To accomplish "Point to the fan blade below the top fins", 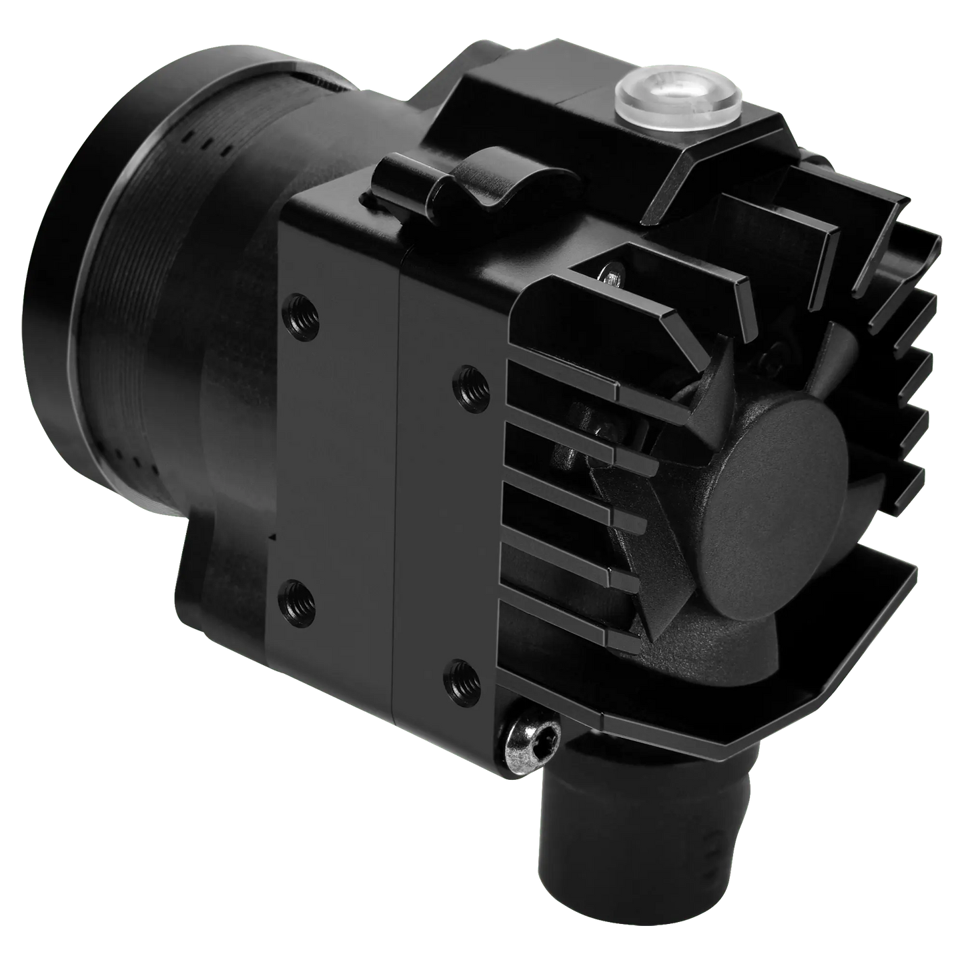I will (x=707, y=374).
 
